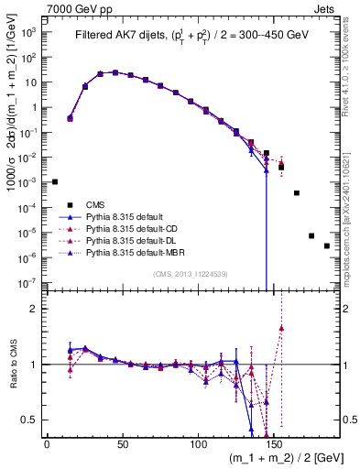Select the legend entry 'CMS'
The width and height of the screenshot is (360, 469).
click(96, 205)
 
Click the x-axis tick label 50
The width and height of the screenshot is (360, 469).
click(123, 444)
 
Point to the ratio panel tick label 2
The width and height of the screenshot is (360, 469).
click(34, 309)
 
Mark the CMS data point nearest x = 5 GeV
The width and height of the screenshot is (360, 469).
click(55, 181)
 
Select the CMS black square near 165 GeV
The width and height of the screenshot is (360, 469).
click(297, 192)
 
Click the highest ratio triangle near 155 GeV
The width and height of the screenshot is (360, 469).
click(282, 327)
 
